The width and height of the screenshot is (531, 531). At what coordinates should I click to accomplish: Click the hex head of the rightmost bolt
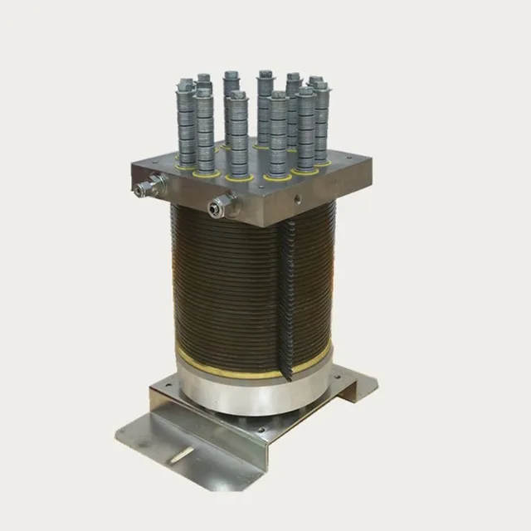pyautogui.click(x=318, y=82)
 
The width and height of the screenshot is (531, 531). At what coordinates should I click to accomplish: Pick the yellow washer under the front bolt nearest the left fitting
pyautogui.click(x=207, y=173)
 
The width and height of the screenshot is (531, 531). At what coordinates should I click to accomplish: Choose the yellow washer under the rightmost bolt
pyautogui.click(x=322, y=163)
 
